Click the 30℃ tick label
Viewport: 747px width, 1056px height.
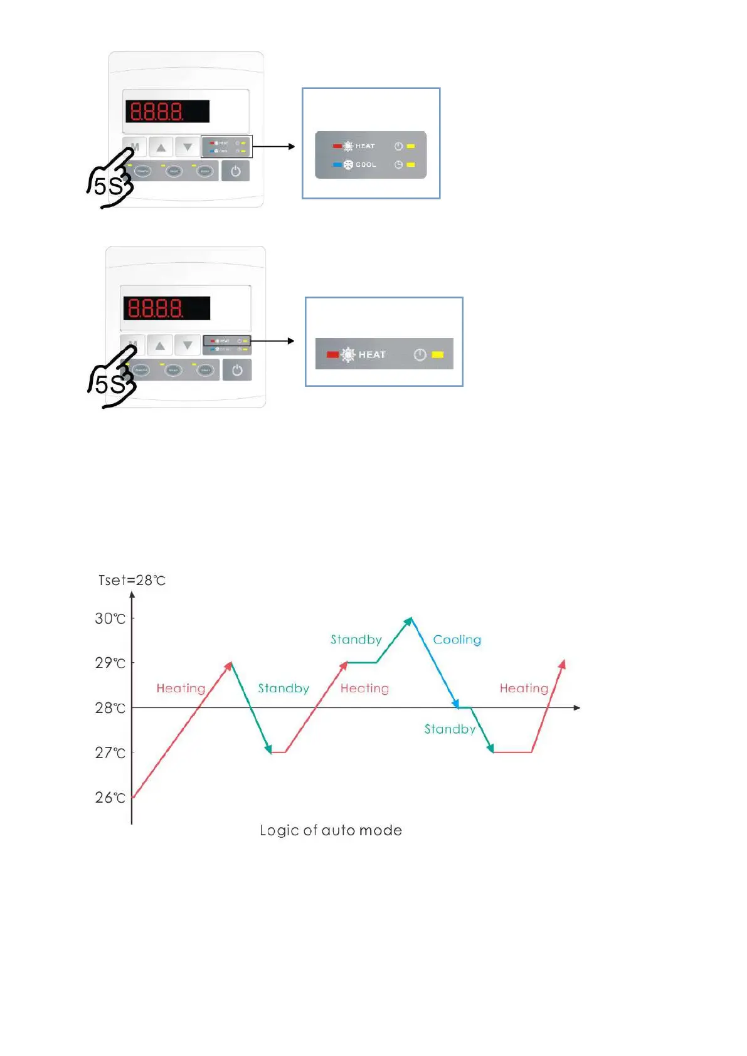(x=110, y=619)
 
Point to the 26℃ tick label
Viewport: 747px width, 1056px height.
(x=110, y=798)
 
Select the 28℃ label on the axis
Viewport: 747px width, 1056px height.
(x=110, y=708)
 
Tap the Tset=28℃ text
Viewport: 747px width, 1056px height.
(x=132, y=581)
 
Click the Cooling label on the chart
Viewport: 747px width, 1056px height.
(x=457, y=640)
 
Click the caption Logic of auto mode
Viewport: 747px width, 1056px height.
(x=331, y=830)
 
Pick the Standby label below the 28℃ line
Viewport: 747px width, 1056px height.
(x=450, y=729)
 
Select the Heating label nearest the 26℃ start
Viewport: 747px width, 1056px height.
(x=181, y=689)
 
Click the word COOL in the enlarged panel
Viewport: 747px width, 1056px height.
(x=366, y=165)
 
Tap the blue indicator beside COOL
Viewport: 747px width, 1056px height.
(x=337, y=165)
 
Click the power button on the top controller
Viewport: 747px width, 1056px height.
(x=236, y=171)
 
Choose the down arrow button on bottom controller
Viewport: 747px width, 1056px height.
(x=188, y=346)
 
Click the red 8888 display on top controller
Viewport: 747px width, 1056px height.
(x=167, y=112)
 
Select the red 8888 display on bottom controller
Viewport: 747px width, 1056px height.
(x=166, y=308)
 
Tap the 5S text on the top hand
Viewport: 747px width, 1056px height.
(x=108, y=186)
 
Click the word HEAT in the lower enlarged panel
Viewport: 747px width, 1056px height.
(x=372, y=355)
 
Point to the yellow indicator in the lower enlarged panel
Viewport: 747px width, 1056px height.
(x=438, y=355)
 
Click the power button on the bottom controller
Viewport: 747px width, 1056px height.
(x=237, y=370)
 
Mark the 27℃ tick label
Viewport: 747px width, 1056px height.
(x=110, y=752)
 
